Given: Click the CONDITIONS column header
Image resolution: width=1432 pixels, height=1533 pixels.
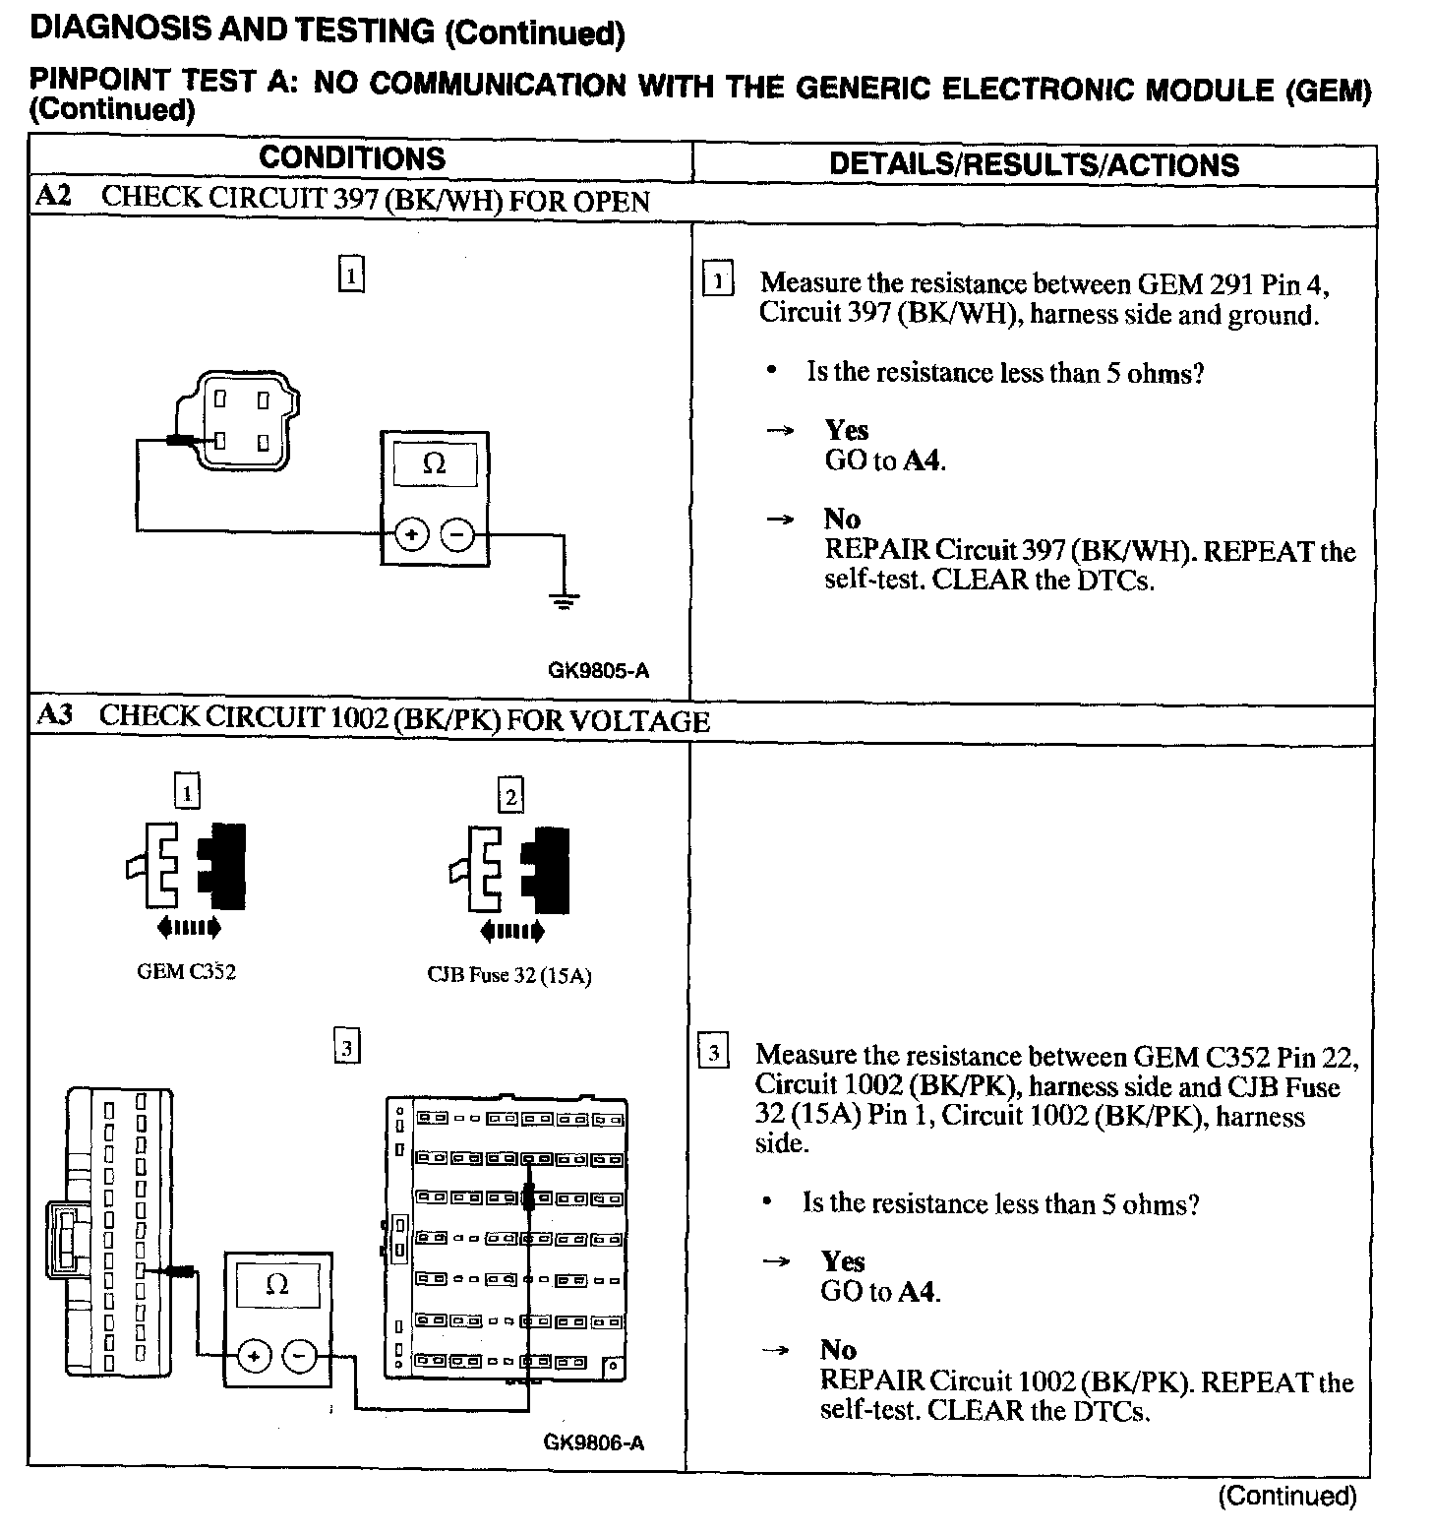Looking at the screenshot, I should pos(352,158).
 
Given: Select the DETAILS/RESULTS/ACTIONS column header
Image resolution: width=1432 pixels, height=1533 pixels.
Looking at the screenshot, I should pos(1034,164).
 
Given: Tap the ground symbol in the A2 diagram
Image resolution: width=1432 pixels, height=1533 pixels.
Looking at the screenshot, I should pos(563,601).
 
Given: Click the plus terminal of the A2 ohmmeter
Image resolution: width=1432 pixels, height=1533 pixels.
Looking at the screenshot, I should pos(412,535).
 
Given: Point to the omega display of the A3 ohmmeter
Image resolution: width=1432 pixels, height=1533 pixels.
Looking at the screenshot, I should pos(277,1285).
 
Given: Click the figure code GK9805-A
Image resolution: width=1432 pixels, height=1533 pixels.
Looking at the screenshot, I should pos(598,671).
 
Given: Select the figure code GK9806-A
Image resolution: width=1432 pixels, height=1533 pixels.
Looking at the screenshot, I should pos(594,1442).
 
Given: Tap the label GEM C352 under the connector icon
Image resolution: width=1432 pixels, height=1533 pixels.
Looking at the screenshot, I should pos(186,972).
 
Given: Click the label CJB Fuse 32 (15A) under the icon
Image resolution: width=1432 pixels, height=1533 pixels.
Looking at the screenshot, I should pos(508,975).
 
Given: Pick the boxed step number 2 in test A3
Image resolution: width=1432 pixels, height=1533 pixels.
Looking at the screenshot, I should pos(510,795).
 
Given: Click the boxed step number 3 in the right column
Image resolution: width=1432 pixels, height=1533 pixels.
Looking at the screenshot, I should pos(713,1052).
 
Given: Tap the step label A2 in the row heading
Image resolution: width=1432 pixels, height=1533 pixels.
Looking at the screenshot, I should pos(53,196).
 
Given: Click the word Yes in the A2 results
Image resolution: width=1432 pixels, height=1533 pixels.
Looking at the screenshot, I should pos(846,430).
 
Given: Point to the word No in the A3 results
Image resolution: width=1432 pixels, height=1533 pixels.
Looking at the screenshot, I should pos(838,1349).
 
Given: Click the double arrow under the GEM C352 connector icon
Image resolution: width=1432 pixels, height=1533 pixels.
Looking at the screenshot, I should pos(189,926).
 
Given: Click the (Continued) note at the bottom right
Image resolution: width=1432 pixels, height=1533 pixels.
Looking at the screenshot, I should pos(1286,1497).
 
